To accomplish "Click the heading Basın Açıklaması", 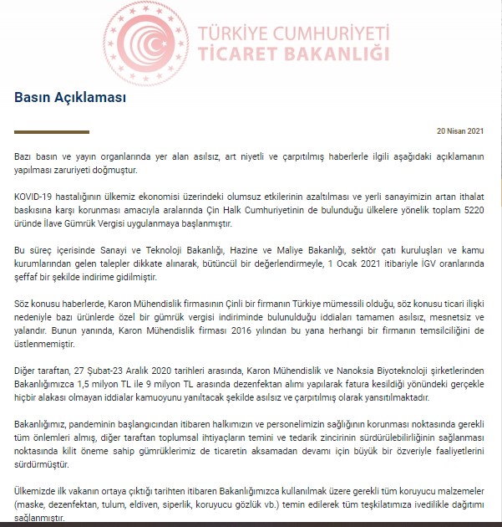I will [x=70, y=96].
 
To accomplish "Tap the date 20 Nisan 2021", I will [x=460, y=131].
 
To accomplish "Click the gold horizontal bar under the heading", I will [x=52, y=131].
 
